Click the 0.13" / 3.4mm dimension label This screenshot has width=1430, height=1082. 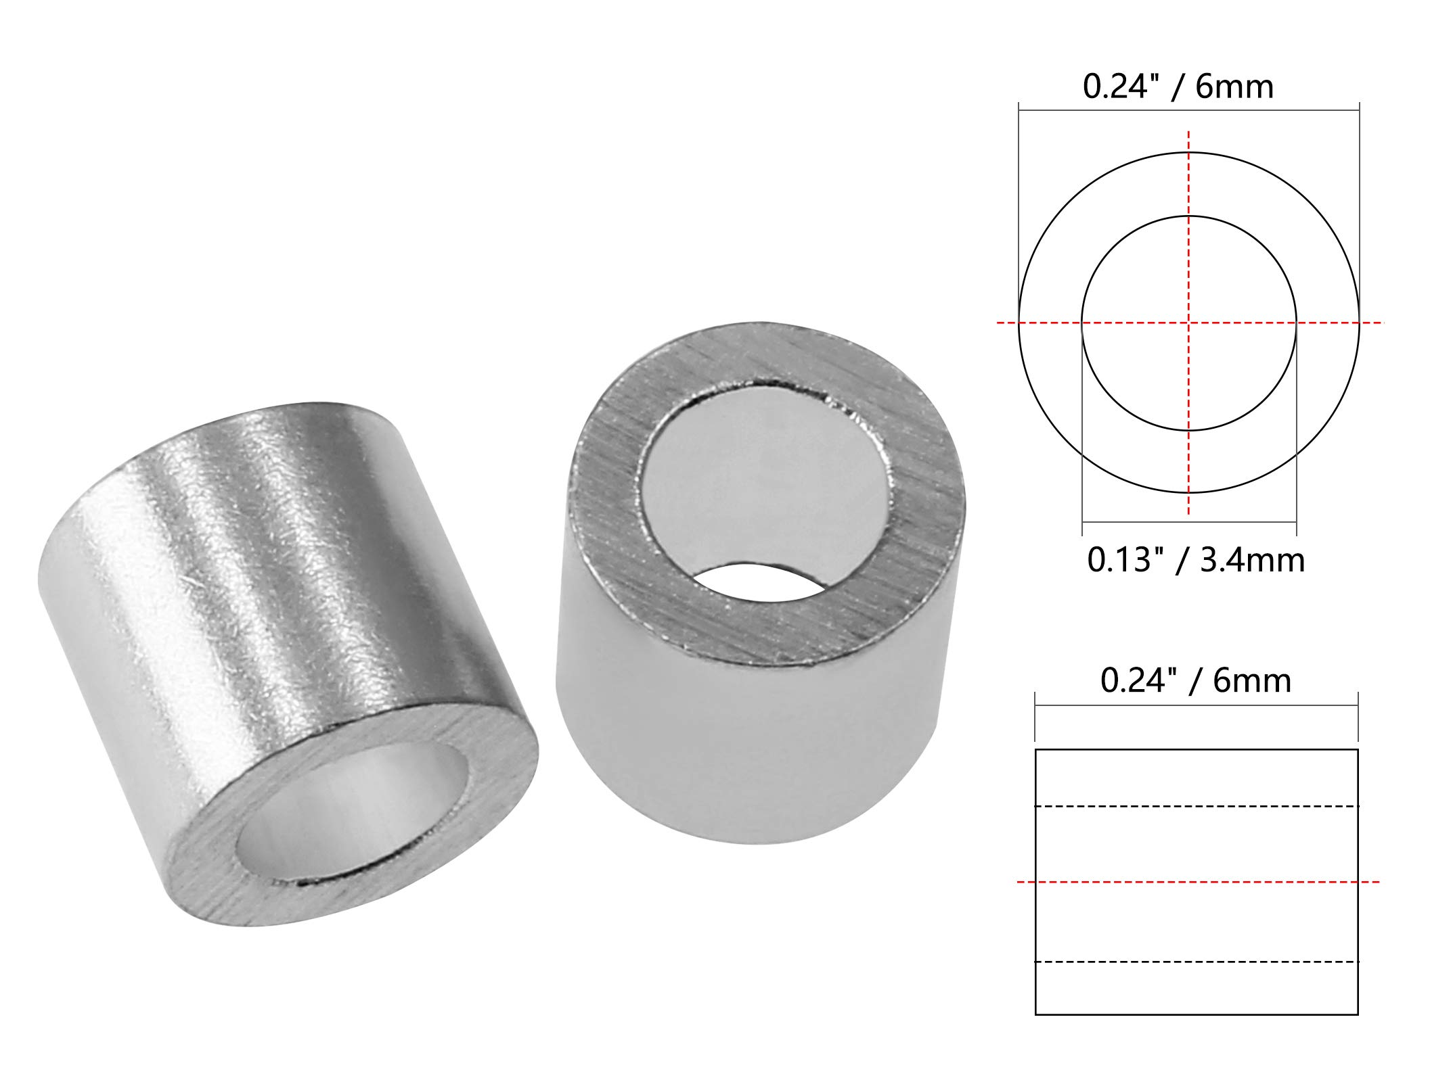coord(1195,561)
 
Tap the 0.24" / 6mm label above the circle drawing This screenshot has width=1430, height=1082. coord(1178,87)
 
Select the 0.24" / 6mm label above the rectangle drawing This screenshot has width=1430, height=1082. coord(1195,680)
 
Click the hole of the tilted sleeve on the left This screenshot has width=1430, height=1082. coord(352,811)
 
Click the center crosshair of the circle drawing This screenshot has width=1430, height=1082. coord(1189,323)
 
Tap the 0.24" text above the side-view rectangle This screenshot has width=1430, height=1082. coord(1140,680)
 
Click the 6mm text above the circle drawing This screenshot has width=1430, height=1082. coord(1235,87)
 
